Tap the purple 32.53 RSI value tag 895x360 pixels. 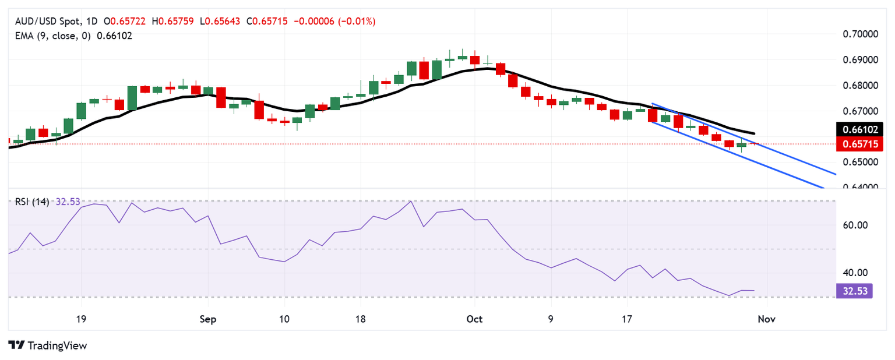click(x=853, y=291)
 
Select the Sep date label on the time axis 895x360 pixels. click(x=208, y=319)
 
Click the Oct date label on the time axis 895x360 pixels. click(x=474, y=319)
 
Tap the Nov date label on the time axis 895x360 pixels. click(x=767, y=319)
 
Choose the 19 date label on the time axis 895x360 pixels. click(x=81, y=319)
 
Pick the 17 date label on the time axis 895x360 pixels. click(x=627, y=319)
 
